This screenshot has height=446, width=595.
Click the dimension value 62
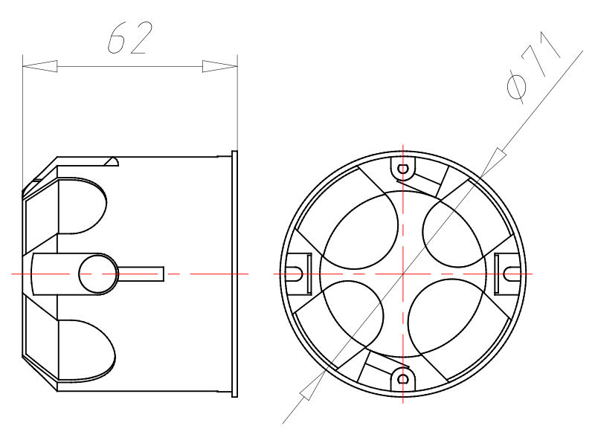click(x=130, y=38)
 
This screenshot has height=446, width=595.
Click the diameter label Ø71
click(x=533, y=68)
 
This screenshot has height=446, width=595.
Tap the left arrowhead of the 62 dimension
click(x=40, y=66)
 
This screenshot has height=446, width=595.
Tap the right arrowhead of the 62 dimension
click(x=219, y=66)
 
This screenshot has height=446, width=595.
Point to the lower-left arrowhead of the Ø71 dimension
click(x=312, y=385)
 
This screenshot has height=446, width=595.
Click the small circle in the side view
click(x=98, y=274)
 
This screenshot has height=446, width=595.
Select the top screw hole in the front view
click(x=403, y=169)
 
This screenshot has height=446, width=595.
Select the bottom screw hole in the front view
click(x=403, y=379)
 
